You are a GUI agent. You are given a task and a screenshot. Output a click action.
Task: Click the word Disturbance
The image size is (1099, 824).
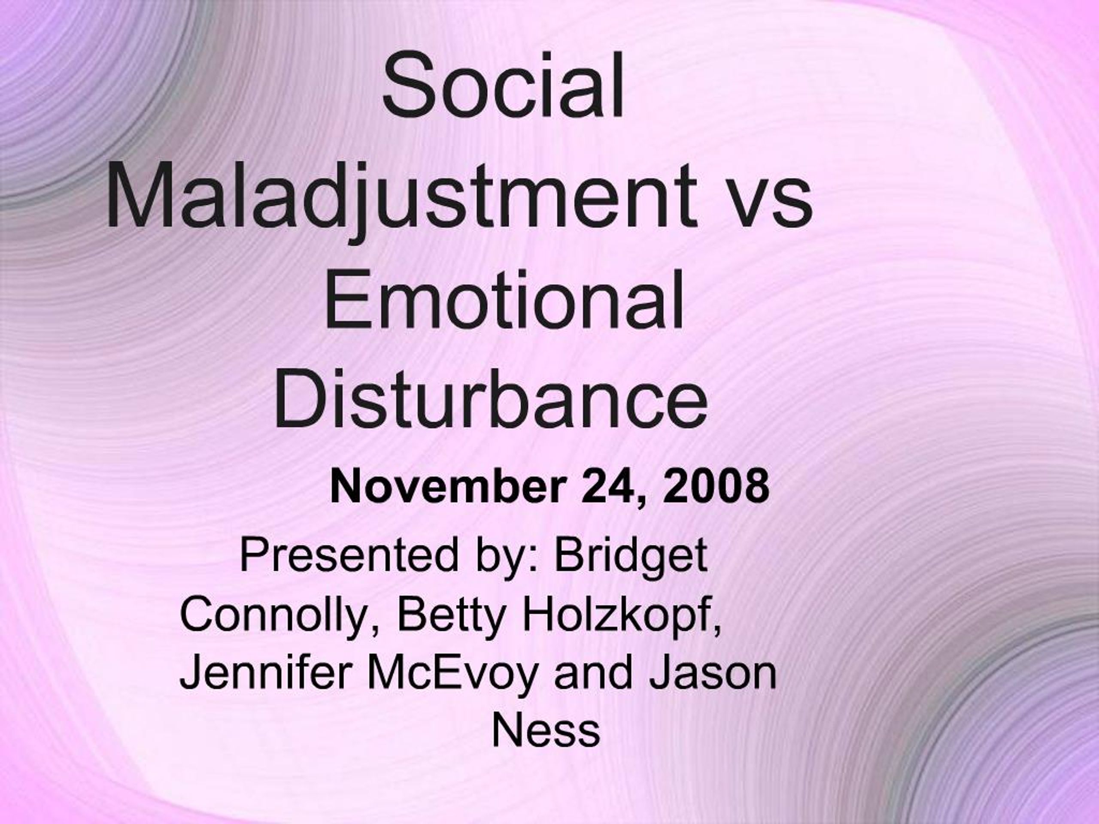(x=491, y=397)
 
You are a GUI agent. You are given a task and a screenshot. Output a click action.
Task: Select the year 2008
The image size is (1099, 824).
(x=716, y=487)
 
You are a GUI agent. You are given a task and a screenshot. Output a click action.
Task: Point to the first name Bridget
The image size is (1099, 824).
(x=631, y=556)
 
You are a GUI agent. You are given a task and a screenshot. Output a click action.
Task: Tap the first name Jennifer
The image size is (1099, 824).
(x=263, y=674)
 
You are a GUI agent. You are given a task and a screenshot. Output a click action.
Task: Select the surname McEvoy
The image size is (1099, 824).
(x=452, y=674)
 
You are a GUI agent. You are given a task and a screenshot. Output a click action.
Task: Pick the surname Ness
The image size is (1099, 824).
(x=546, y=731)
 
